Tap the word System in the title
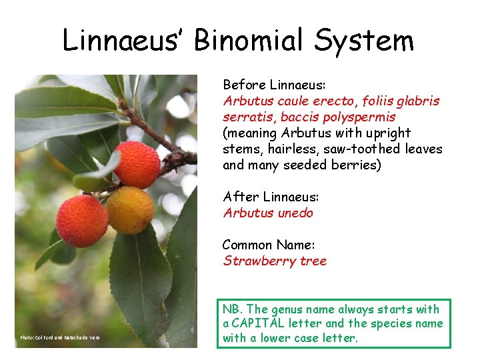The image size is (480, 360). (x=365, y=41)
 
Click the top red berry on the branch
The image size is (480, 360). (x=137, y=165)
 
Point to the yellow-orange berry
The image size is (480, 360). (x=131, y=209)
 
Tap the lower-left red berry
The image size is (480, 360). (x=82, y=221)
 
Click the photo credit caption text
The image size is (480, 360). (x=60, y=338)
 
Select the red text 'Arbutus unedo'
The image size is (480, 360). (x=268, y=213)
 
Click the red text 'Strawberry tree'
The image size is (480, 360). (x=275, y=261)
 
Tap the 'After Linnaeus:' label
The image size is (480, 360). (x=271, y=197)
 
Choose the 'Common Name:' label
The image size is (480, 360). (x=265, y=245)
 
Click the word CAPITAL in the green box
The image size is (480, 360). (x=265, y=324)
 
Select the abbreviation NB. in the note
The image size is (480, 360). (x=233, y=309)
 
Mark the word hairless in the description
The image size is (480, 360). (x=285, y=149)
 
